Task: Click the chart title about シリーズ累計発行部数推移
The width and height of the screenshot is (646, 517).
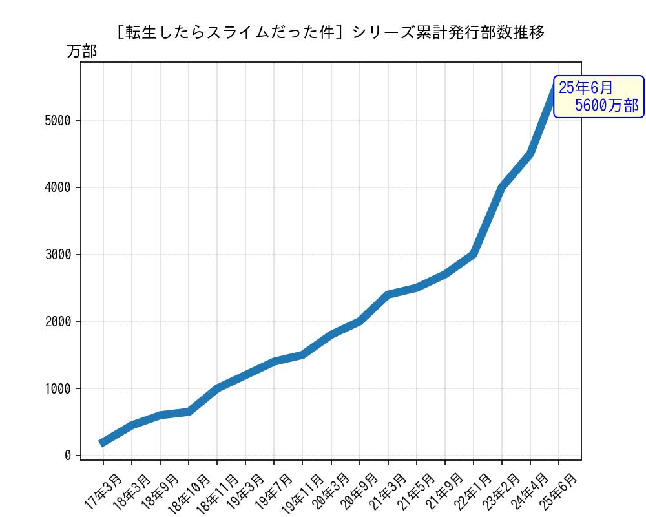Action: point(330,32)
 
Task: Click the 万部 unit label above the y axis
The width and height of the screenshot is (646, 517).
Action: point(81,52)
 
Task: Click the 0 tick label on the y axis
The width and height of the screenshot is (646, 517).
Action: point(68,456)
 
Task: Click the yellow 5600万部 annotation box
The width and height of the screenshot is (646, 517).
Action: point(598,97)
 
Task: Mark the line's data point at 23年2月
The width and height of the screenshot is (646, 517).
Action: point(502,187)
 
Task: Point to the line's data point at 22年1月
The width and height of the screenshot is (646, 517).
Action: point(474,255)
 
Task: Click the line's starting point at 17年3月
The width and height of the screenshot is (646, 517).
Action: point(103,443)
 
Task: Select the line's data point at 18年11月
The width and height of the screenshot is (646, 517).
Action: point(217,388)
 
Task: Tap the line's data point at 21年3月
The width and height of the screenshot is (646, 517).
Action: point(388,295)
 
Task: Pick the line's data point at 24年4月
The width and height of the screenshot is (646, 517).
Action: point(530,154)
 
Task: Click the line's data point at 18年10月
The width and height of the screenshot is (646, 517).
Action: point(189,411)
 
